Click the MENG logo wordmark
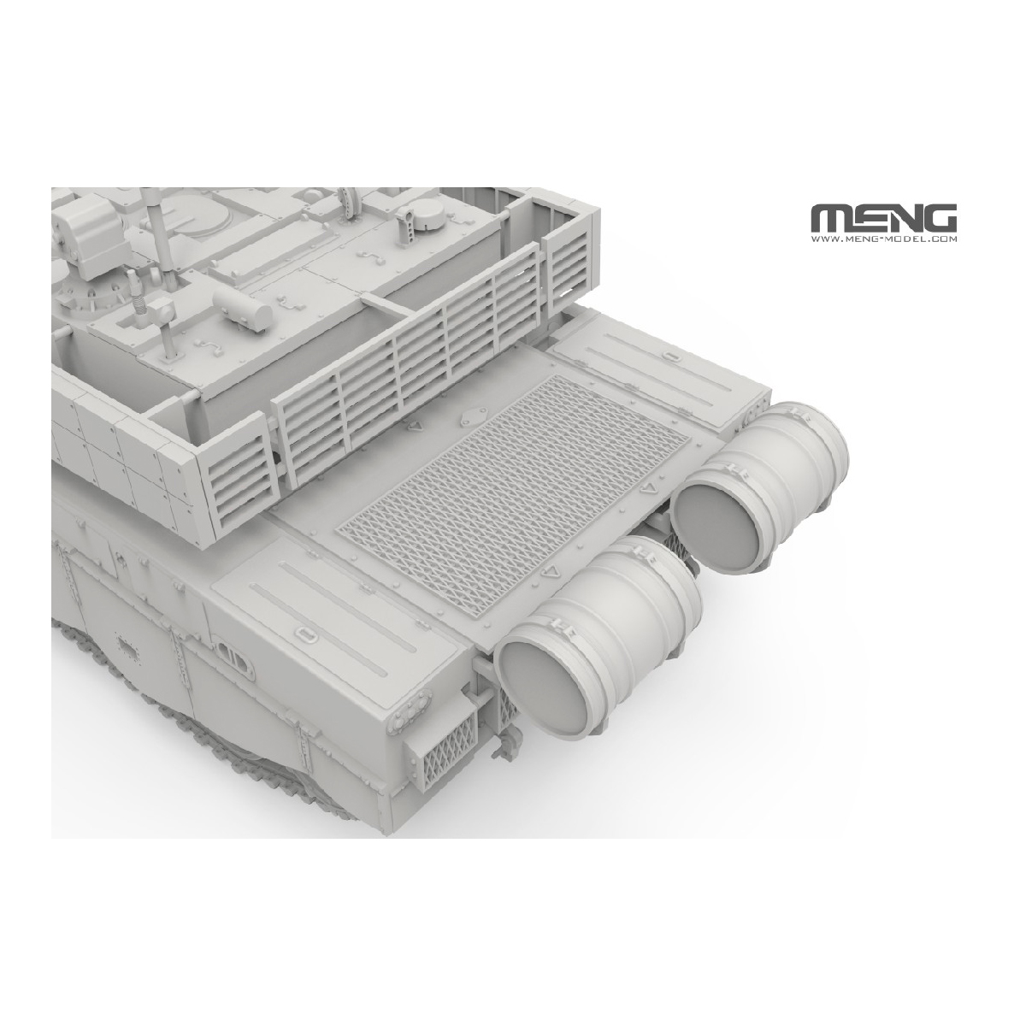point(883,217)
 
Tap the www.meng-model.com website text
point(884,239)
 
